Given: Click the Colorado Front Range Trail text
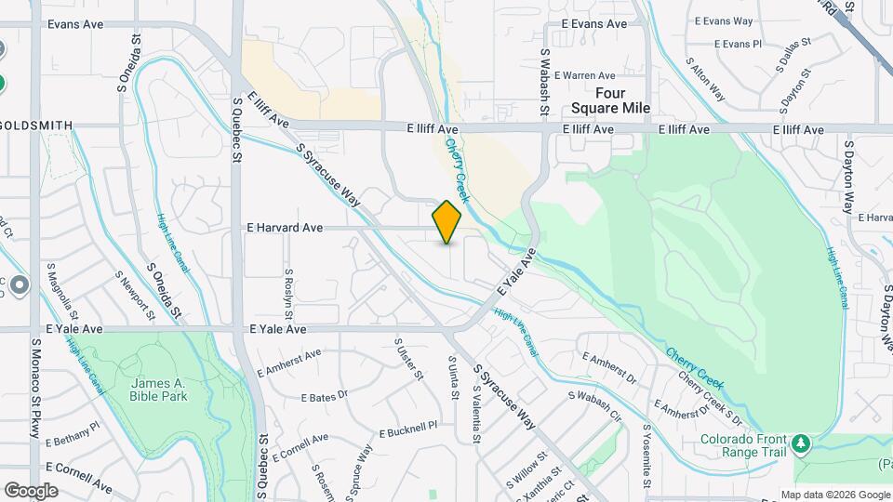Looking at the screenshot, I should (x=743, y=445).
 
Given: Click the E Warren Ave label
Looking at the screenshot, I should (x=585, y=75).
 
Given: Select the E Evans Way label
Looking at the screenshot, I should (x=723, y=20).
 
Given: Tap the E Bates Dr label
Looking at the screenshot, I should (x=323, y=396).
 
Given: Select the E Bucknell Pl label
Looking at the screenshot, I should (x=408, y=429).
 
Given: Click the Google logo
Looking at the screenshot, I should (x=32, y=490).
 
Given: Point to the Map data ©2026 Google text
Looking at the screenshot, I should (x=834, y=495).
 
